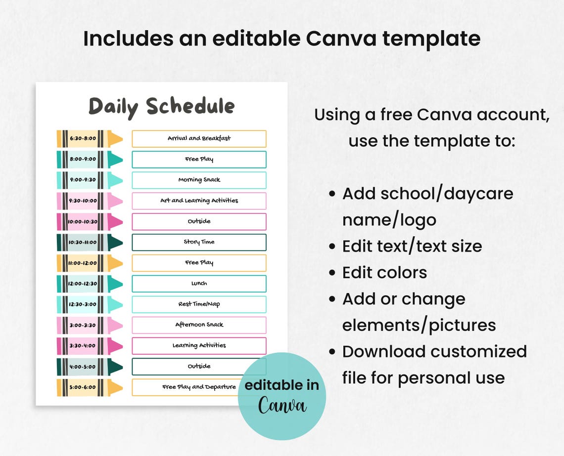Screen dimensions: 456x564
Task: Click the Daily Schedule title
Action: (x=161, y=107)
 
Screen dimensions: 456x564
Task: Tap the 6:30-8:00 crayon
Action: (x=90, y=139)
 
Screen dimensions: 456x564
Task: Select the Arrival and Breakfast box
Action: (x=199, y=139)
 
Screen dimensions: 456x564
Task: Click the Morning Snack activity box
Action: (x=199, y=180)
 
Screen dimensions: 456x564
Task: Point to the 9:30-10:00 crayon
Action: (x=90, y=201)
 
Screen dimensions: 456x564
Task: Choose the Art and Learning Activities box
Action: (x=199, y=201)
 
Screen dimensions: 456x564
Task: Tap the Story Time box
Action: (x=199, y=242)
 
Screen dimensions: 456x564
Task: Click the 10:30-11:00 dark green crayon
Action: (x=90, y=242)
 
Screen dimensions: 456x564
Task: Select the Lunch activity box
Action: (x=199, y=284)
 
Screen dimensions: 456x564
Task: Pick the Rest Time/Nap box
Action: (x=199, y=304)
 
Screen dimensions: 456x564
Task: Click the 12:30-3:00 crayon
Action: (x=90, y=304)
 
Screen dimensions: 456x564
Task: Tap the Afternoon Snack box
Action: (x=199, y=325)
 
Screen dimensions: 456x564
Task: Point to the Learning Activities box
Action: (x=199, y=346)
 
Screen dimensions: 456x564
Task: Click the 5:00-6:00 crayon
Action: (x=90, y=387)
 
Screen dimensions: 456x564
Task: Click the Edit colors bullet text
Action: (x=384, y=273)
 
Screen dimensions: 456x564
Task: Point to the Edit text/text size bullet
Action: (x=412, y=246)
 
